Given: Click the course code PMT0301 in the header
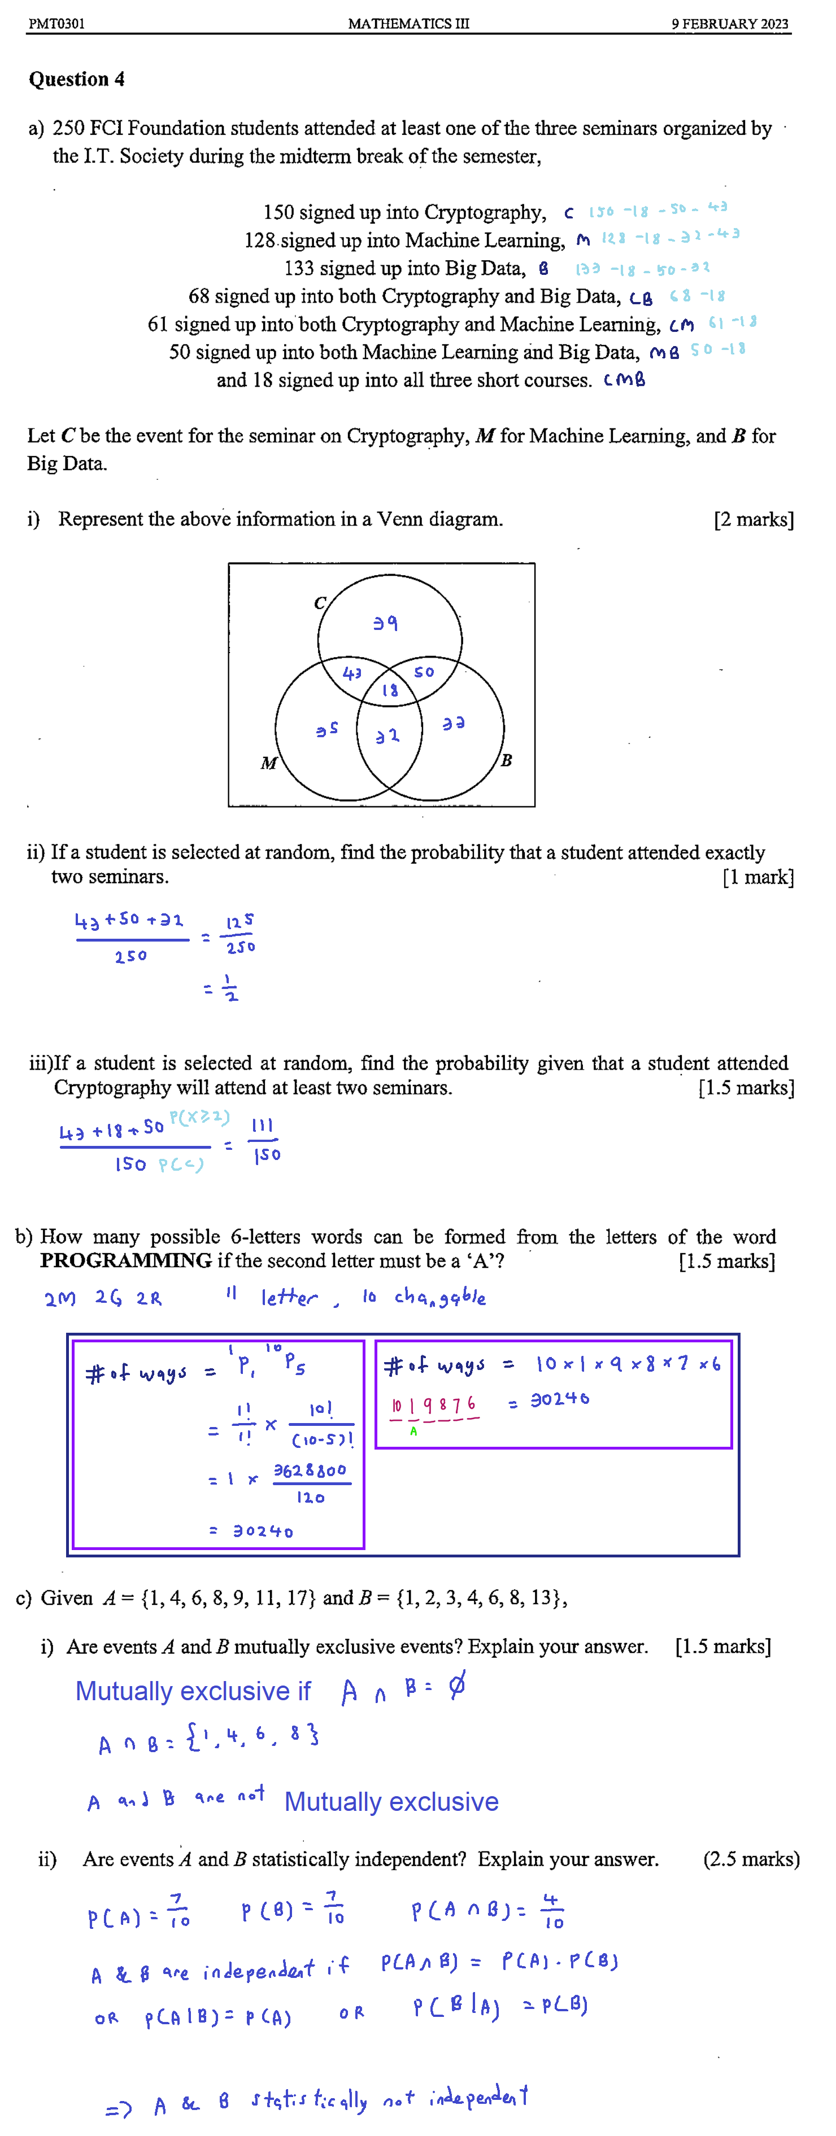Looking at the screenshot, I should tap(56, 23).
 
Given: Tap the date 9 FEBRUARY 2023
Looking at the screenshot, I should tap(729, 23).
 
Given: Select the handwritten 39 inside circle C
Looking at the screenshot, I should tap(385, 622).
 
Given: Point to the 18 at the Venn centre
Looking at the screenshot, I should tap(390, 690).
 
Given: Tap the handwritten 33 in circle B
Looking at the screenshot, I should tap(453, 724).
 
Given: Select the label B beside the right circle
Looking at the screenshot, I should tap(506, 760).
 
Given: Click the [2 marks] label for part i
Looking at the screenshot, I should tap(753, 520).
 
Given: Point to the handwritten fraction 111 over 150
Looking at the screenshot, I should tap(264, 1139).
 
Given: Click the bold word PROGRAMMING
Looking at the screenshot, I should tap(125, 1260).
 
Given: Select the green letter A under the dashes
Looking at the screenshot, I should tap(413, 1431).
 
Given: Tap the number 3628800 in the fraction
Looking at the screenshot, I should tap(310, 1470).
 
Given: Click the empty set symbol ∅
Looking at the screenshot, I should tap(456, 1687).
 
